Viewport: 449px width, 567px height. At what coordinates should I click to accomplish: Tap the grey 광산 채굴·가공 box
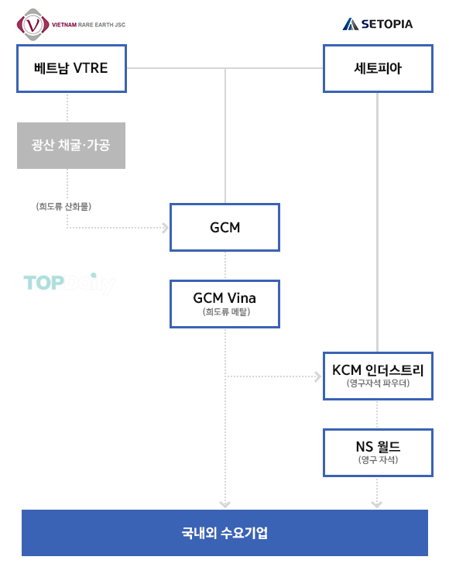click(x=71, y=146)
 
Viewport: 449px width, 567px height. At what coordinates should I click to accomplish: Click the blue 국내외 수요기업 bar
click(x=224, y=533)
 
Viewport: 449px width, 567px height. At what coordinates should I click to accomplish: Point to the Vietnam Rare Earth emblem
click(x=33, y=25)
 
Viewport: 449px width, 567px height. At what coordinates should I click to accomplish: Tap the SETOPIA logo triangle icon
click(x=351, y=24)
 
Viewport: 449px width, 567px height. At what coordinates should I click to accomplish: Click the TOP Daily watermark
click(x=70, y=283)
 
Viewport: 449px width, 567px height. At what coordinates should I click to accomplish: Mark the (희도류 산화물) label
click(x=63, y=207)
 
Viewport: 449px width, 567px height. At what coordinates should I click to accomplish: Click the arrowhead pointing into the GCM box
click(x=166, y=228)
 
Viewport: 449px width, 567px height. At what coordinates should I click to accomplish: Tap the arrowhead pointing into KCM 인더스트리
click(x=318, y=376)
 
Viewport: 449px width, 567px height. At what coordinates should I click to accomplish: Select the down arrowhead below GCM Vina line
click(x=224, y=504)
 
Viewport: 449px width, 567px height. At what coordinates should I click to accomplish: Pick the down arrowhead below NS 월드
click(x=377, y=504)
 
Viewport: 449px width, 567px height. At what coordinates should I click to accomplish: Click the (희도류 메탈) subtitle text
click(x=226, y=311)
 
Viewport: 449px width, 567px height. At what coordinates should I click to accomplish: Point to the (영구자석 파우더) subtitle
click(x=378, y=383)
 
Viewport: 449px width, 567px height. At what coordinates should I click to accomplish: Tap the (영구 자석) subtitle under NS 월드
click(x=378, y=459)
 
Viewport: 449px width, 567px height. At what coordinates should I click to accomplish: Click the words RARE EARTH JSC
click(x=102, y=25)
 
